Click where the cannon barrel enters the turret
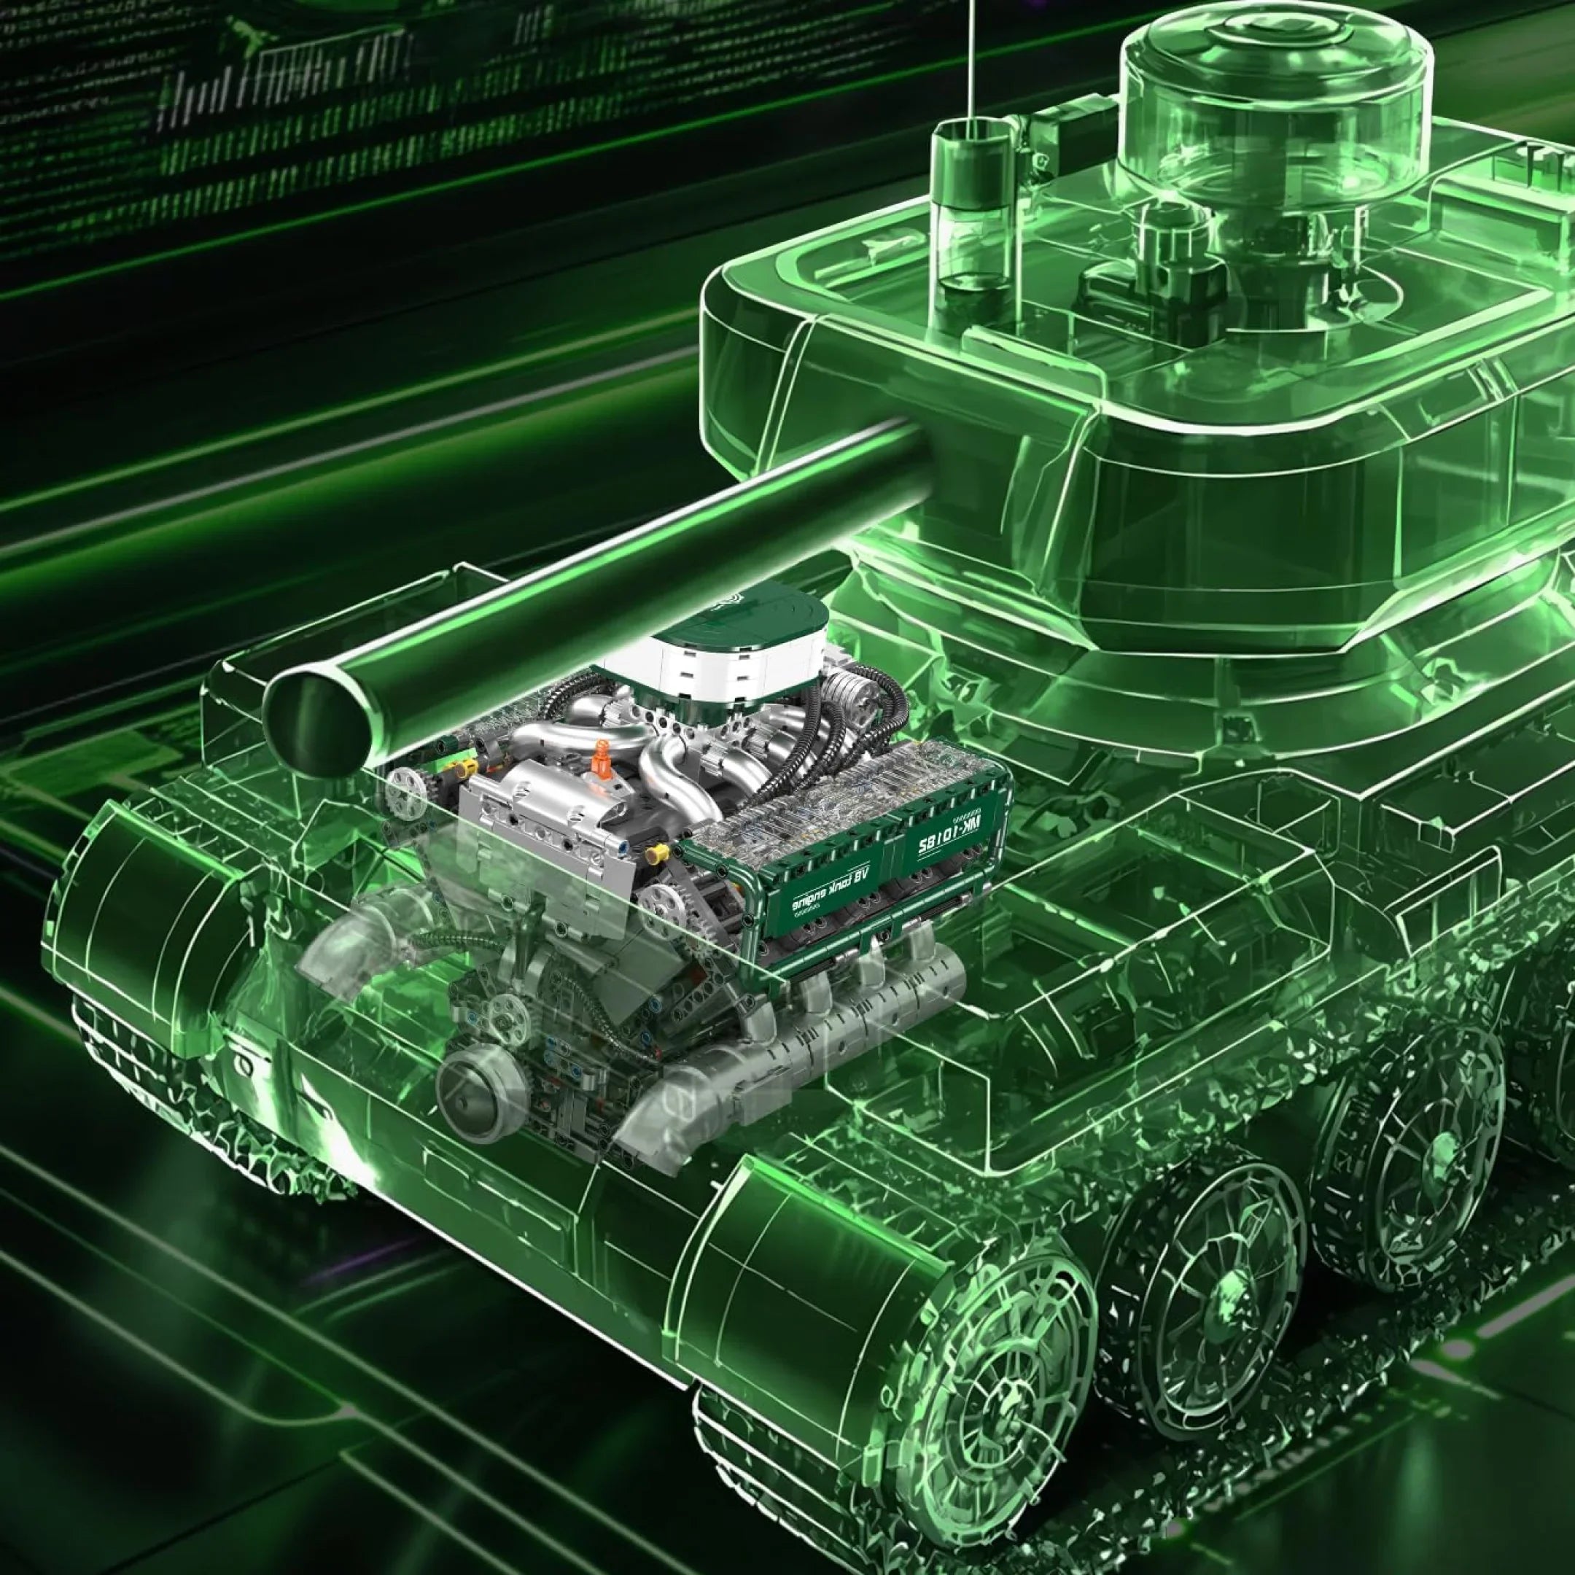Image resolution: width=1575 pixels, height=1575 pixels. click(x=913, y=440)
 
